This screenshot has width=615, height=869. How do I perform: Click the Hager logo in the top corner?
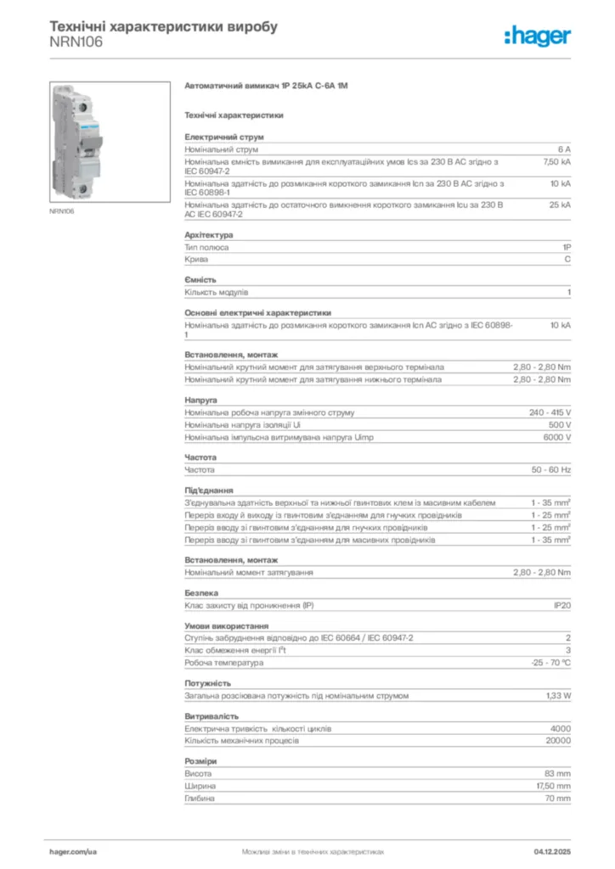[537, 36]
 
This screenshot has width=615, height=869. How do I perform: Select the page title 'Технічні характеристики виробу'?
[163, 26]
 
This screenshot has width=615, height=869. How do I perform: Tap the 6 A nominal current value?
[563, 149]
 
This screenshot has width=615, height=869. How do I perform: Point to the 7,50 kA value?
[556, 160]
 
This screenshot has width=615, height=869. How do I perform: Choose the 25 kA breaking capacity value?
[559, 205]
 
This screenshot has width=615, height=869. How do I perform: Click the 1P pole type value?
[566, 248]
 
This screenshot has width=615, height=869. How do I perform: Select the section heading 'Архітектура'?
[209, 235]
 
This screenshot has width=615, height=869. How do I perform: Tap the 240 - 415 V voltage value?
[550, 412]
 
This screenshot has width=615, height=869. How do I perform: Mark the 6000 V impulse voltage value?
[556, 437]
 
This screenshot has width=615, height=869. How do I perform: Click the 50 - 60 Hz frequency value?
[550, 469]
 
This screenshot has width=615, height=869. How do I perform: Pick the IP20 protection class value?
[561, 605]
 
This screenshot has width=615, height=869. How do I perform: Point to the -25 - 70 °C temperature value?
[550, 662]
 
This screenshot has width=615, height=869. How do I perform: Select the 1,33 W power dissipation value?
[557, 695]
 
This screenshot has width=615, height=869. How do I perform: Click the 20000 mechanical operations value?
[557, 740]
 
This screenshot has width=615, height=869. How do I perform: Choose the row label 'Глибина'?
[200, 799]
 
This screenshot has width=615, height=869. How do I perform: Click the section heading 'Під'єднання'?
[209, 491]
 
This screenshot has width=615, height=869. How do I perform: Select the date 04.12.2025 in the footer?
[551, 850]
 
